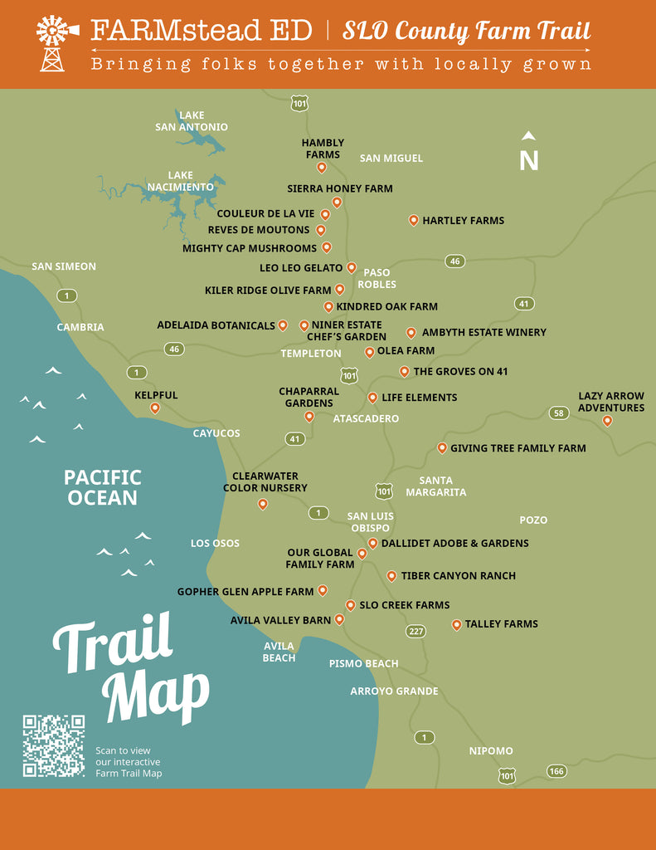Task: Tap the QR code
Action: click(53, 745)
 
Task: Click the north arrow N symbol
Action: click(528, 154)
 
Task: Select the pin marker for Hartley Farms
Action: click(413, 220)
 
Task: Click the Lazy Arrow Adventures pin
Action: click(607, 421)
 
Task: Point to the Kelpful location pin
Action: click(155, 408)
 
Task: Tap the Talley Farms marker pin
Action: click(456, 624)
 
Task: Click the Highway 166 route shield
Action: click(556, 771)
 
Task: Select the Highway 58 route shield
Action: click(558, 413)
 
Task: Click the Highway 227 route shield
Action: click(415, 632)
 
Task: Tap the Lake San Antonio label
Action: click(192, 121)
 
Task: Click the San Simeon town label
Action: click(64, 266)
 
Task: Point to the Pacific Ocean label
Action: click(103, 487)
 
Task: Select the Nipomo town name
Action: click(491, 750)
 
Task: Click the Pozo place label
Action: click(533, 520)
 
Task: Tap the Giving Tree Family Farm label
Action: click(518, 448)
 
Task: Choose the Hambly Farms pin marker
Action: click(322, 167)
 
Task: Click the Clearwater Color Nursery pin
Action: click(263, 504)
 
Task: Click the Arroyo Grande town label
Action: click(394, 691)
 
